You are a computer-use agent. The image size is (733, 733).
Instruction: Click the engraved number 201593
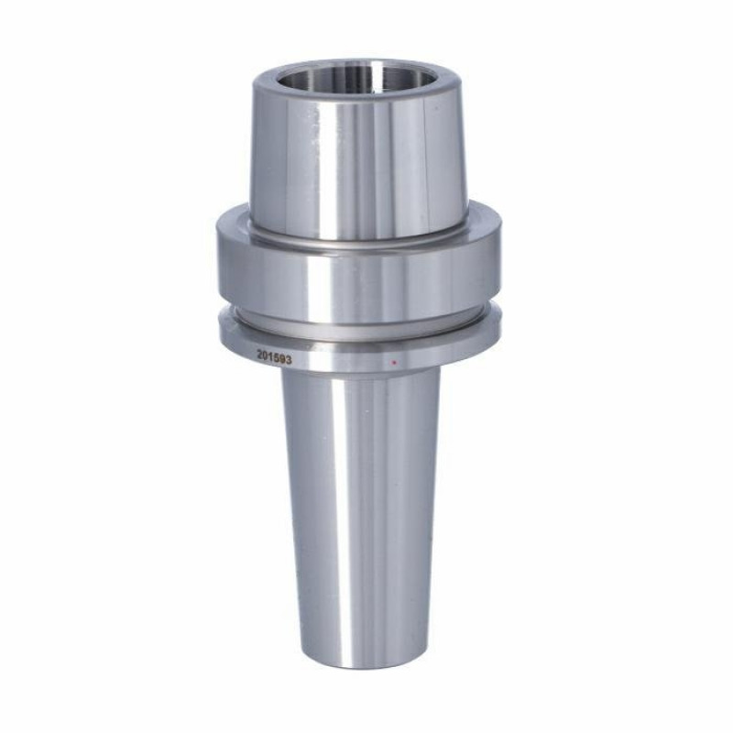(x=274, y=358)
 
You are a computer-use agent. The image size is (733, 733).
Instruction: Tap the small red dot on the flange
(x=394, y=362)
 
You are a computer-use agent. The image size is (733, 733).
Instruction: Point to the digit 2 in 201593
(x=259, y=356)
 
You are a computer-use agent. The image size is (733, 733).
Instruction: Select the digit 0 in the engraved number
(x=266, y=357)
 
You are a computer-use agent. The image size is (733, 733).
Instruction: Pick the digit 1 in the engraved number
(x=271, y=358)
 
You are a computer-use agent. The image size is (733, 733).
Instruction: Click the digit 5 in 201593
(x=277, y=359)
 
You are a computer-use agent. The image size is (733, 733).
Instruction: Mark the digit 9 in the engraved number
(x=283, y=360)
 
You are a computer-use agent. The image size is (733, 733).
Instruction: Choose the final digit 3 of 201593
(x=289, y=360)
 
